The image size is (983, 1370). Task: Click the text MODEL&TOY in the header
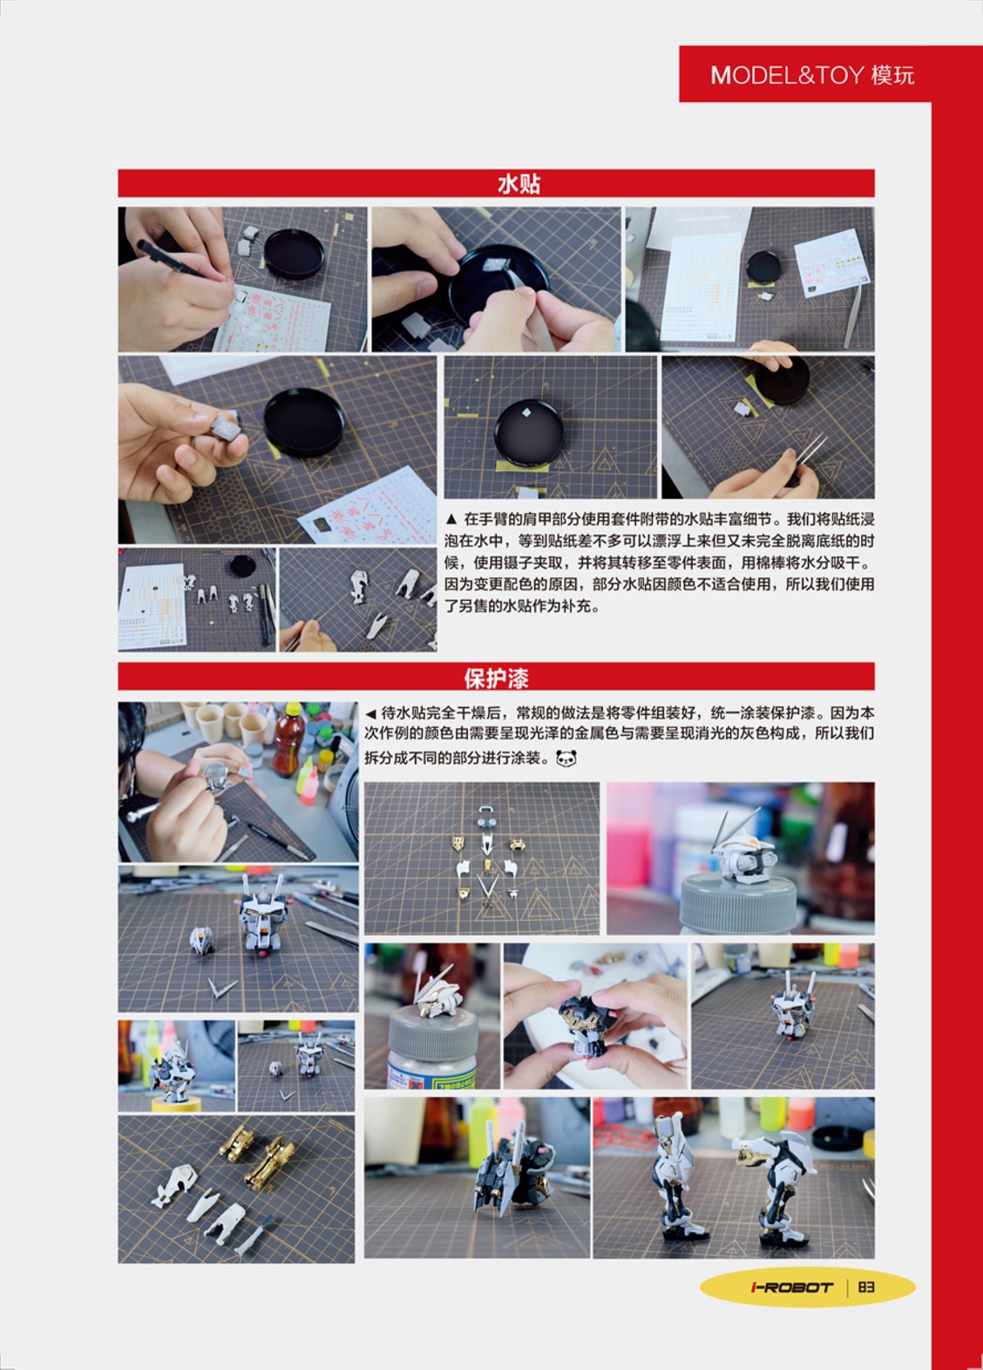(x=787, y=75)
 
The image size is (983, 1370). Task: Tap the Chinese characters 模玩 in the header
(x=892, y=75)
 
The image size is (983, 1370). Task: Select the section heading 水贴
(x=519, y=183)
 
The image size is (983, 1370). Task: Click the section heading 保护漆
(x=496, y=677)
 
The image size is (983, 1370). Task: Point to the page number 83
(x=865, y=1287)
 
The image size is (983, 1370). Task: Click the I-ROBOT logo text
(x=791, y=1287)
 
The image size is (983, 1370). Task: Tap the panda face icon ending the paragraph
(x=566, y=759)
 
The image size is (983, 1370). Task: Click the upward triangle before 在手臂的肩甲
(x=451, y=519)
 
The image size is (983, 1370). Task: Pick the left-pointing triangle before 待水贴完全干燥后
(x=370, y=713)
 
